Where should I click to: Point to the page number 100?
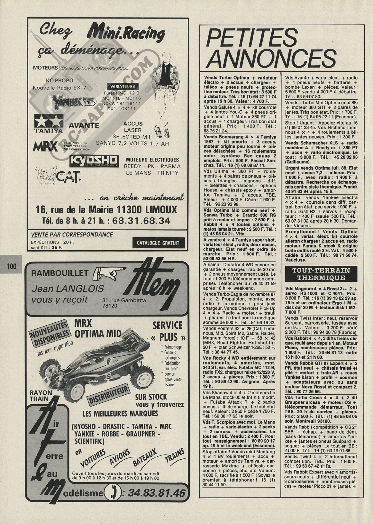coord(11,266)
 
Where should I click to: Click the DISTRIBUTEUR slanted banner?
coord(108,396)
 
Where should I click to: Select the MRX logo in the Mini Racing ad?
coord(45,147)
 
